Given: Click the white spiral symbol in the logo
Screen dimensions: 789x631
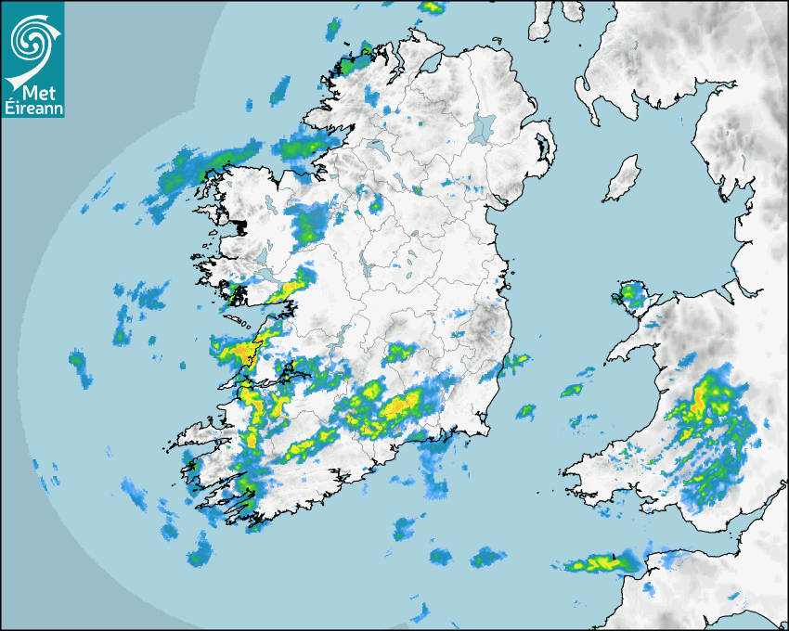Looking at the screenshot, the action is (x=31, y=39).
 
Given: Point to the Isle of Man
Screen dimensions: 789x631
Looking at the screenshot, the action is (x=622, y=179).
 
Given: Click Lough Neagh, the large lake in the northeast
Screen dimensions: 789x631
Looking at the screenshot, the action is (x=483, y=127).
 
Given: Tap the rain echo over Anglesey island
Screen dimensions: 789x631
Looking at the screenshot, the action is (x=633, y=296).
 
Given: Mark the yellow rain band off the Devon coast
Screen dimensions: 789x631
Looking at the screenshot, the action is (x=599, y=563).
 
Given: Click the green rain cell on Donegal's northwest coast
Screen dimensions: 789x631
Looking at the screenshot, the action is (x=351, y=65).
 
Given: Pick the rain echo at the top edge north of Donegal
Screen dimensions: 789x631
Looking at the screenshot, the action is (x=432, y=6).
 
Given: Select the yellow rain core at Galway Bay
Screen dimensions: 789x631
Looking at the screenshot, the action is (x=247, y=352).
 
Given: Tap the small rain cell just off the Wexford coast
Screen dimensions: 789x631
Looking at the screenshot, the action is (x=526, y=410).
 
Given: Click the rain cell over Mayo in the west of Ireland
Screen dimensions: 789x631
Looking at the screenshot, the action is (x=307, y=223).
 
